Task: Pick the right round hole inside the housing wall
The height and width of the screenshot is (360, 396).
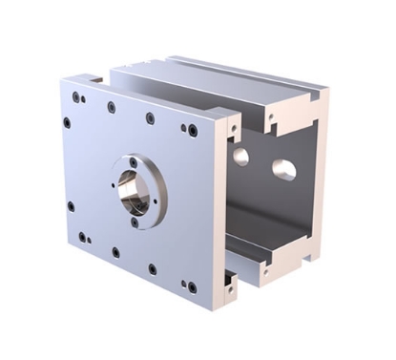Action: [283, 170]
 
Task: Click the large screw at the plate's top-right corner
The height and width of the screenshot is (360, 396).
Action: [193, 131]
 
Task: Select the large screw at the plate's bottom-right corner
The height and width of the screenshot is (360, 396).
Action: [193, 287]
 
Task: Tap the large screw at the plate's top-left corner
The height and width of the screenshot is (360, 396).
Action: [75, 96]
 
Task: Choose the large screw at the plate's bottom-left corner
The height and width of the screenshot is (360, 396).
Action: [82, 237]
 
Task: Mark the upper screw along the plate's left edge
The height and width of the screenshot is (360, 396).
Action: [66, 122]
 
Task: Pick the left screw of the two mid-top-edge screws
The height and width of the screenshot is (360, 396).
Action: [112, 107]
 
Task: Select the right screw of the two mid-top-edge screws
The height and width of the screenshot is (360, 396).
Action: [150, 118]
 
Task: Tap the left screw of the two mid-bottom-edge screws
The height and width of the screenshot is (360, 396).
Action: [115, 253]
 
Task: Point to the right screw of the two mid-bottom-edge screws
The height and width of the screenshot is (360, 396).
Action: [152, 269]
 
